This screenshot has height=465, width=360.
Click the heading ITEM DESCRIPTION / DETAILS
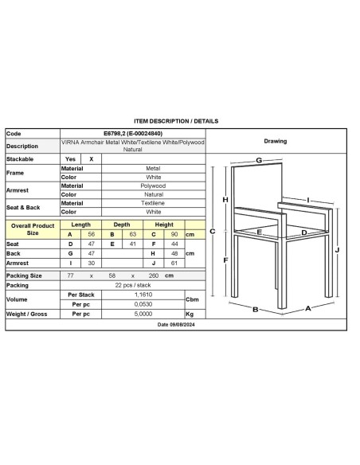177,121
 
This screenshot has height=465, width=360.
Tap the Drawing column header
275,141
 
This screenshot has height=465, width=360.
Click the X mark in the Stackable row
92,158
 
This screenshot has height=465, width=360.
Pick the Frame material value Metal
153,168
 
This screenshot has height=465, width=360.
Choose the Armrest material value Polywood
153,185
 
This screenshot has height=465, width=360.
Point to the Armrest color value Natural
153,193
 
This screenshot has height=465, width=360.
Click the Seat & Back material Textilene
153,203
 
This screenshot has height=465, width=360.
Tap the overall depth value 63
133,234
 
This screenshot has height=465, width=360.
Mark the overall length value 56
92,234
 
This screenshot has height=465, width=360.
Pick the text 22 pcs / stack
132,284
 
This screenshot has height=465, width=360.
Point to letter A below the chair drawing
307,307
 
